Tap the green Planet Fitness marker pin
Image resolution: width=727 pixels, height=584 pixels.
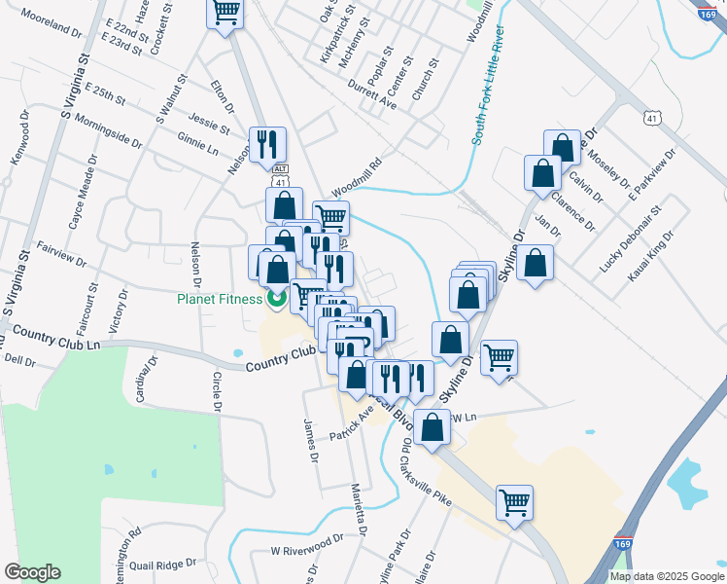[276, 299]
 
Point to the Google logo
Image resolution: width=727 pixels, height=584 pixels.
[32, 572]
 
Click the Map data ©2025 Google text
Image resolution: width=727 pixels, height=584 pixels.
[666, 576]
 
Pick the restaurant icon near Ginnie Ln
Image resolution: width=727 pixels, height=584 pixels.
[266, 145]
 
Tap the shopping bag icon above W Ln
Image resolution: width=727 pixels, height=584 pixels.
[432, 427]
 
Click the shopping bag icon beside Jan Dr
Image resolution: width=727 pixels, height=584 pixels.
[535, 263]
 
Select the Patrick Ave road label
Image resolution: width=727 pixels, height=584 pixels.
[353, 423]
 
